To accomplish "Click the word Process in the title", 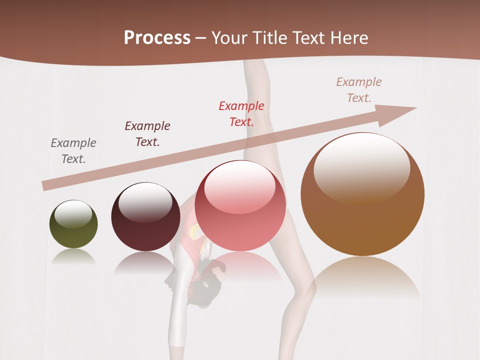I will point(157,38).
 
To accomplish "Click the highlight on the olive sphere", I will point(73,213).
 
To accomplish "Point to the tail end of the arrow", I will point(46,185).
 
